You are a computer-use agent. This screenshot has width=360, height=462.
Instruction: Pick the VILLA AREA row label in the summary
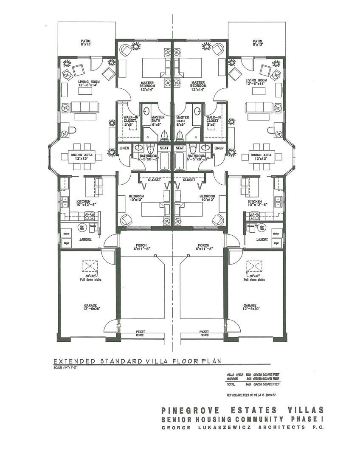[236, 374]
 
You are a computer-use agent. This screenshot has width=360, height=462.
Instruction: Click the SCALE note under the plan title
[66, 368]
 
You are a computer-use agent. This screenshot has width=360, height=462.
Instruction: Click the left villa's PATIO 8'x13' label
[86, 42]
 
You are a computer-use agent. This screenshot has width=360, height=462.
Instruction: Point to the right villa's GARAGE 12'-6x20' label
[250, 307]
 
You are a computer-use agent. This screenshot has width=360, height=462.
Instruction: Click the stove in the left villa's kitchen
[90, 215]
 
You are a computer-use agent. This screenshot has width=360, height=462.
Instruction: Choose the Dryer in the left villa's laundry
[66, 242]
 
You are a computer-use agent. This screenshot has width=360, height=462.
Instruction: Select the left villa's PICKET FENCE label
[140, 334]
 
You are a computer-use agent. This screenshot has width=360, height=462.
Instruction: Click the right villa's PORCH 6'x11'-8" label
[204, 247]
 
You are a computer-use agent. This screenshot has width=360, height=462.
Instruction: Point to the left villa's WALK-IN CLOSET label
[129, 120]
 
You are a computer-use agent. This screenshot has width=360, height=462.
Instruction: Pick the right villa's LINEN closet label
[219, 148]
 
